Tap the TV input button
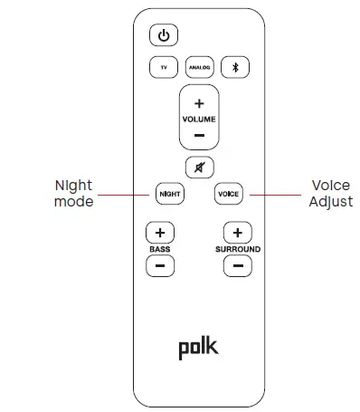click(x=163, y=67)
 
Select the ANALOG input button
click(x=199, y=67)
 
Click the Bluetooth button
click(x=235, y=67)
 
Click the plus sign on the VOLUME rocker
click(x=199, y=103)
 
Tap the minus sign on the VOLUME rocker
click(x=199, y=136)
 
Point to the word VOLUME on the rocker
click(x=199, y=120)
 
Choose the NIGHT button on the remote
click(x=169, y=194)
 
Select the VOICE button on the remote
click(x=228, y=194)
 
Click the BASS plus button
click(x=159, y=231)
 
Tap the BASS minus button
click(x=159, y=266)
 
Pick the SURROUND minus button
click(x=237, y=266)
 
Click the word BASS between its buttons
click(x=159, y=249)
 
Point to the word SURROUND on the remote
click(x=237, y=249)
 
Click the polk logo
click(x=198, y=347)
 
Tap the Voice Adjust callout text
click(x=330, y=194)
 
